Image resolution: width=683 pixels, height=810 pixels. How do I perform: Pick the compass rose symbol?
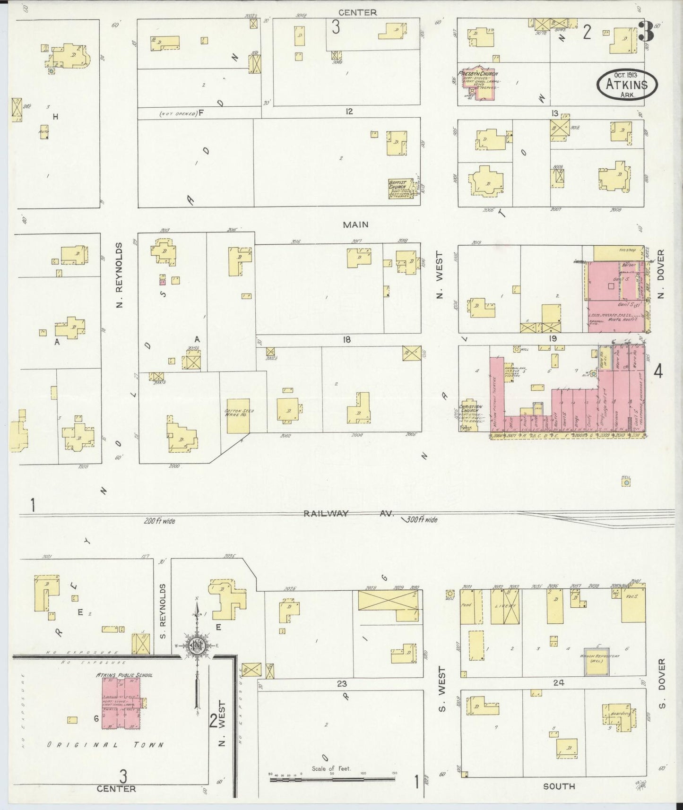(196, 646)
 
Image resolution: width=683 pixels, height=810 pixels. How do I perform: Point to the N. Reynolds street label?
(119, 275)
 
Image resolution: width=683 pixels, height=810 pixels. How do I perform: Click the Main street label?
(355, 225)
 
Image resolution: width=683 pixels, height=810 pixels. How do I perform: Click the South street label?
(559, 786)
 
